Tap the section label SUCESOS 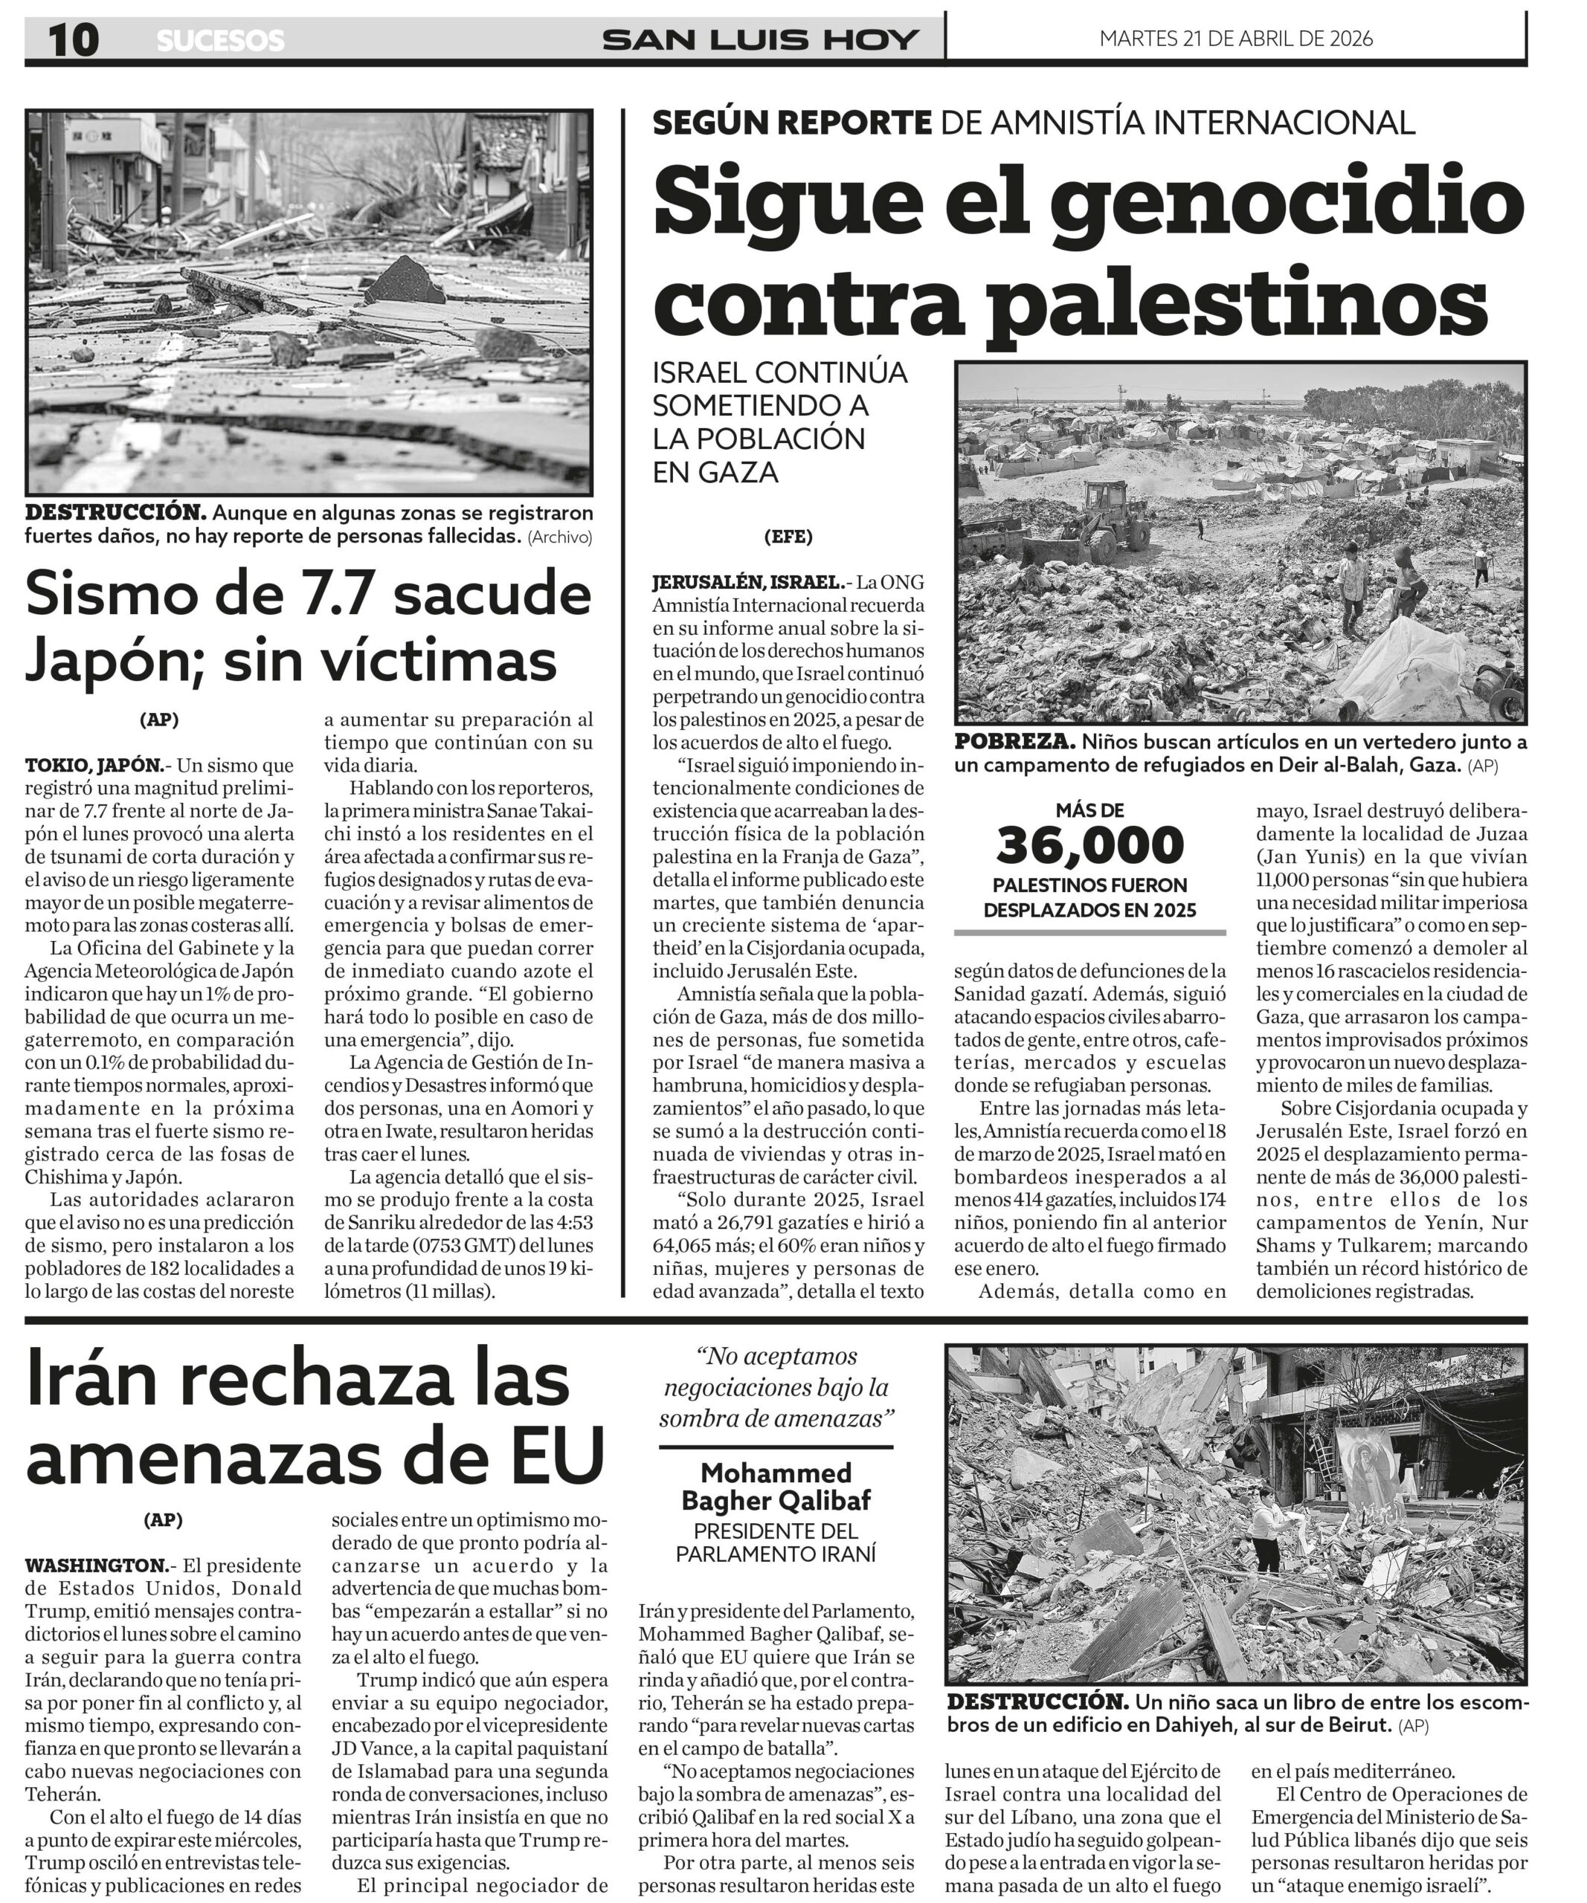click(x=220, y=41)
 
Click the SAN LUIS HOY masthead click(x=761, y=40)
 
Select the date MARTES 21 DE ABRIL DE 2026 click(x=1235, y=39)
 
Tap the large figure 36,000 click(x=1089, y=844)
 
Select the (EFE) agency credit click(x=788, y=537)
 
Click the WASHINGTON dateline click(x=97, y=1565)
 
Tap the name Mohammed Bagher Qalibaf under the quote click(x=776, y=1486)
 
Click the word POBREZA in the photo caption click(x=1014, y=742)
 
